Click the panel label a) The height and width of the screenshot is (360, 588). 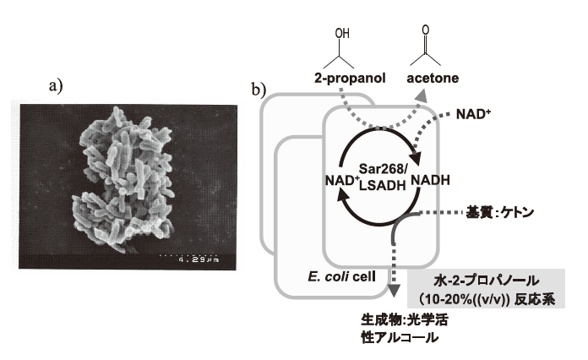coord(57,84)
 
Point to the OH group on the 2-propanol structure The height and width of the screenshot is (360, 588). coord(341,34)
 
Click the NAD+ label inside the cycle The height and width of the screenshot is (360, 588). coord(341,181)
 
